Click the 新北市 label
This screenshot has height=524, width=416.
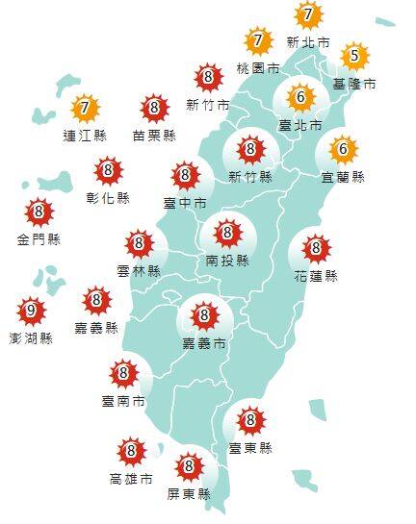[x=308, y=42]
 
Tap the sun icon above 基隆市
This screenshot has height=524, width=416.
[x=354, y=57]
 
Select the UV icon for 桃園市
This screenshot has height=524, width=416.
[x=258, y=41]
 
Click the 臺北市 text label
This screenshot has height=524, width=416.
[x=300, y=124]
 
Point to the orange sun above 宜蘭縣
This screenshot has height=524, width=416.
[x=344, y=150]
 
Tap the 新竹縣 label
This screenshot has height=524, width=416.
[x=250, y=176]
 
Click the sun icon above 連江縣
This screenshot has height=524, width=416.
[x=86, y=107]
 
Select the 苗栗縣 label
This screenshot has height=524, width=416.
[x=154, y=136]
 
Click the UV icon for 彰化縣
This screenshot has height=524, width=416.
[x=108, y=172]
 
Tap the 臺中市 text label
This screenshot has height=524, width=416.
[x=185, y=203]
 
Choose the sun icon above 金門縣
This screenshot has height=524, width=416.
[x=38, y=212]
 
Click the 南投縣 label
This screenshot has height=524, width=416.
[x=227, y=260]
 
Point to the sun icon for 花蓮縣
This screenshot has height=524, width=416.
[x=315, y=249]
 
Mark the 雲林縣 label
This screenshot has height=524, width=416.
[x=139, y=271]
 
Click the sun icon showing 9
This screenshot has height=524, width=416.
[x=31, y=311]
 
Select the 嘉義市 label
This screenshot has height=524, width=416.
[x=203, y=342]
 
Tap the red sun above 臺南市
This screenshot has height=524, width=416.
[x=123, y=373]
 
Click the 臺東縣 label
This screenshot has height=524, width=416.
[x=250, y=448]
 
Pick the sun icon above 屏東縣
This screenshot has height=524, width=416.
[x=189, y=468]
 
